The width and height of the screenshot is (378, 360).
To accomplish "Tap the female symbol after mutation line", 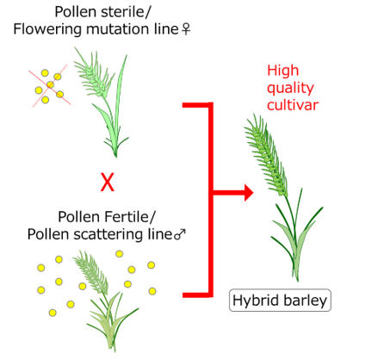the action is point(186,29).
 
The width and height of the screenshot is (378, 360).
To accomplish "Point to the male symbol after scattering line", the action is point(180,234).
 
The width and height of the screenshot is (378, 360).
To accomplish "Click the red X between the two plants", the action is point(108,182).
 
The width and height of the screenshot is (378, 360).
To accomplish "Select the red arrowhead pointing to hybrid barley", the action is point(249,192).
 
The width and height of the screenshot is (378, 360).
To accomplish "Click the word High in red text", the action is point(283,71).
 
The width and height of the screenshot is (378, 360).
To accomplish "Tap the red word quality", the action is point(290,89).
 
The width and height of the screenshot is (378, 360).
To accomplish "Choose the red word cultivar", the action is point(293,105).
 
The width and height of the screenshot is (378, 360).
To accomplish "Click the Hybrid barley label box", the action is point(280,301).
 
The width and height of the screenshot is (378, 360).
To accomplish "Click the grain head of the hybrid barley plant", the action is point(265,155).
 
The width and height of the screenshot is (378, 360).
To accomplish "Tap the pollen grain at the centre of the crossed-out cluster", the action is point(50,84).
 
